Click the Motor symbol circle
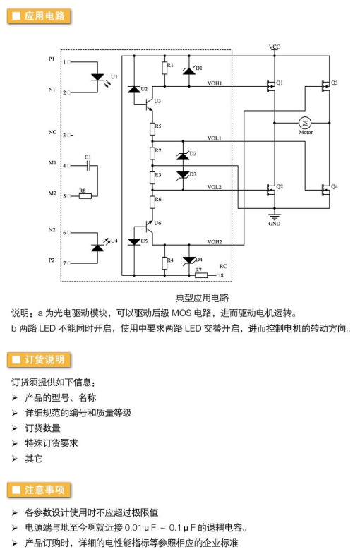(304, 123)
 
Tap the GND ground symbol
(275, 216)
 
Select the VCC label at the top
(275, 47)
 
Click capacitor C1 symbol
(89, 165)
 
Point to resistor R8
(85, 195)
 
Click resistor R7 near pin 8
(201, 275)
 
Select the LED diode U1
(97, 77)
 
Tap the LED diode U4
(97, 248)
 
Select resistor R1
(164, 68)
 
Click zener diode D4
(189, 260)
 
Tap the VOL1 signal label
(214, 138)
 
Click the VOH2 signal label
(215, 241)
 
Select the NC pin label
(52, 132)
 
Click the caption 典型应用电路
(202, 298)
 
